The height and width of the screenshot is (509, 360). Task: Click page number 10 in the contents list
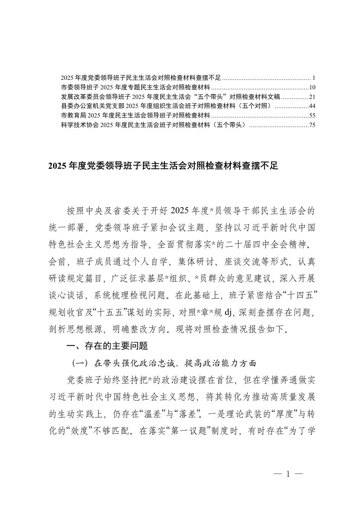[x=312, y=87]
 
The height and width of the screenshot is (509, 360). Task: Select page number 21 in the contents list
[x=312, y=96]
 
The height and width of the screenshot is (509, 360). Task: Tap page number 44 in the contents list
[x=312, y=106]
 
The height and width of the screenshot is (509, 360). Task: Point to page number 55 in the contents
[x=312, y=115]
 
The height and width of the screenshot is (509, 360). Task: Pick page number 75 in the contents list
[x=312, y=125]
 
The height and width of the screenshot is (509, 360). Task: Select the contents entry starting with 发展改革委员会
[x=170, y=96]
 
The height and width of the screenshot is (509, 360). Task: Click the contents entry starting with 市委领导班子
[x=135, y=87]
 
